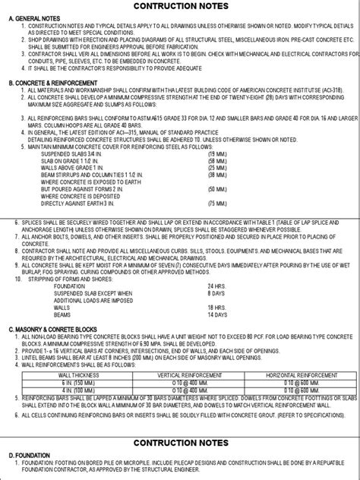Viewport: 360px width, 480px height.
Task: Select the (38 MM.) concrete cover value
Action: pos(216,170)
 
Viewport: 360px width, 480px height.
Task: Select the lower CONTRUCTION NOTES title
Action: pos(180,441)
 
